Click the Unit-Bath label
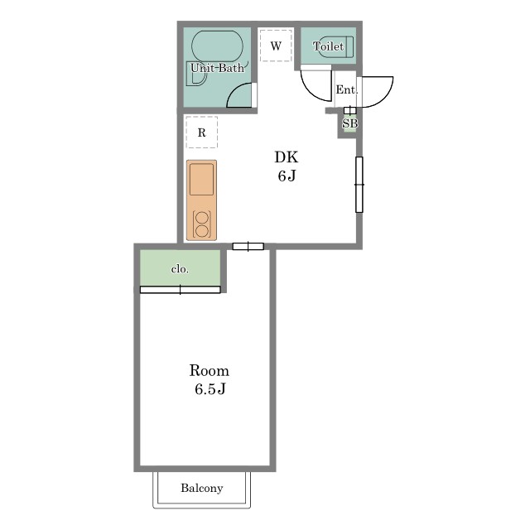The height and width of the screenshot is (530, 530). (x=217, y=68)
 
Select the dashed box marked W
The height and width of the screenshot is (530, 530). (x=276, y=46)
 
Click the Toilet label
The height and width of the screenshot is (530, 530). (x=328, y=46)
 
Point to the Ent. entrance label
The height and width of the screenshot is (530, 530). (x=346, y=89)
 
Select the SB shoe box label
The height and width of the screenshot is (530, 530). (x=349, y=123)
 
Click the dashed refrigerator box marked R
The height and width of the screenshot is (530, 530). (x=202, y=132)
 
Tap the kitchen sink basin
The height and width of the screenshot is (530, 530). (x=201, y=179)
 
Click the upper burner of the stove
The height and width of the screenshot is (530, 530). (x=202, y=218)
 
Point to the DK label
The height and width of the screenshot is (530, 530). (x=286, y=157)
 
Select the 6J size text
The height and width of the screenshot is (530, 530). (x=287, y=176)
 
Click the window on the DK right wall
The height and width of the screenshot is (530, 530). (x=359, y=185)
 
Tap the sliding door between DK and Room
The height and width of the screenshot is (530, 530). (x=248, y=247)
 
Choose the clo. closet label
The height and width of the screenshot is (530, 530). (x=180, y=269)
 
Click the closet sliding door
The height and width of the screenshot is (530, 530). (x=181, y=290)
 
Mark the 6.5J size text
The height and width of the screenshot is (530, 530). (x=210, y=389)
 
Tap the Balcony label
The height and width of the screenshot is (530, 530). (x=202, y=488)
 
